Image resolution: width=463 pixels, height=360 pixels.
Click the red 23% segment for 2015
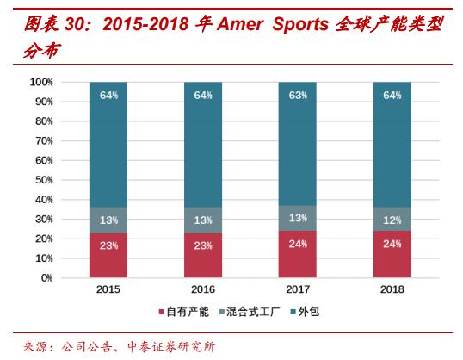pyautogui.click(x=108, y=256)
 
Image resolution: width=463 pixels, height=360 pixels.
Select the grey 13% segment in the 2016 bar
pyautogui.click(x=203, y=220)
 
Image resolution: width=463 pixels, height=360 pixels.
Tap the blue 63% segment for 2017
pyautogui.click(x=298, y=144)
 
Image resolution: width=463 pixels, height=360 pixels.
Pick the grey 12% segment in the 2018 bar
pyautogui.click(x=392, y=220)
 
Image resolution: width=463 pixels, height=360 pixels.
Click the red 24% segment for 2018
pyautogui.click(x=392, y=254)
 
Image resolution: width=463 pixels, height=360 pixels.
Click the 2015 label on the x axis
pyautogui.click(x=108, y=290)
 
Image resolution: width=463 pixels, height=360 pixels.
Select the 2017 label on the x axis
pyautogui.click(x=298, y=290)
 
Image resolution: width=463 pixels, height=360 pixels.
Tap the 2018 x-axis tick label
pyautogui.click(x=392, y=290)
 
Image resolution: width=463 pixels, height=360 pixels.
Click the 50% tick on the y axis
pyautogui.click(x=43, y=180)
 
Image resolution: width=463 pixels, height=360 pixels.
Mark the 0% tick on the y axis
pyautogui.click(x=46, y=278)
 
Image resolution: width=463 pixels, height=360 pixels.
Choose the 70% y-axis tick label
pyautogui.click(x=43, y=140)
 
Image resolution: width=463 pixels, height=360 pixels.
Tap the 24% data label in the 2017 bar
pyautogui.click(x=298, y=243)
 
